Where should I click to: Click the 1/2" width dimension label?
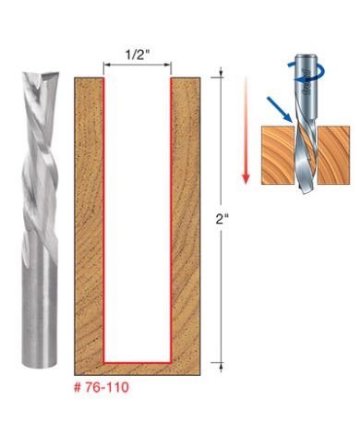click(x=137, y=54)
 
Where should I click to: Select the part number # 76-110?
click(x=103, y=389)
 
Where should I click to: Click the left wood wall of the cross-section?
click(x=88, y=222)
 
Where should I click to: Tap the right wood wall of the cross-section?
click(x=186, y=222)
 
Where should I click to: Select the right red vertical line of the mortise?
click(x=171, y=222)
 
